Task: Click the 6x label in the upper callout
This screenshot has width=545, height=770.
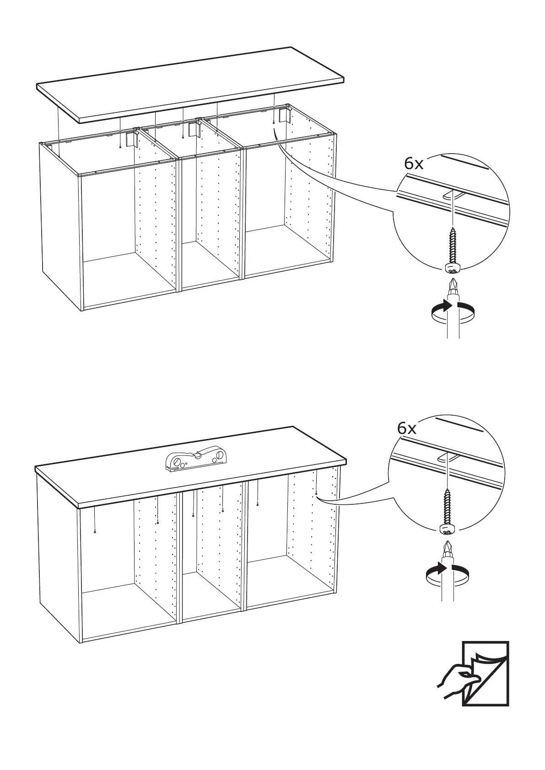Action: [x=414, y=164]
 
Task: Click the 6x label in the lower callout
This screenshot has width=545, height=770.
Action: [x=407, y=428]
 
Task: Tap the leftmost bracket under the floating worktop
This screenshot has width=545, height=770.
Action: [x=131, y=139]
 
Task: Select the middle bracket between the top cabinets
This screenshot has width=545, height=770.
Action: [x=194, y=129]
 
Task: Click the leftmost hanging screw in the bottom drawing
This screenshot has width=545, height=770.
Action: [x=94, y=531]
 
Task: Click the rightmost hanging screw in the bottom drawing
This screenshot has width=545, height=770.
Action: [x=316, y=493]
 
